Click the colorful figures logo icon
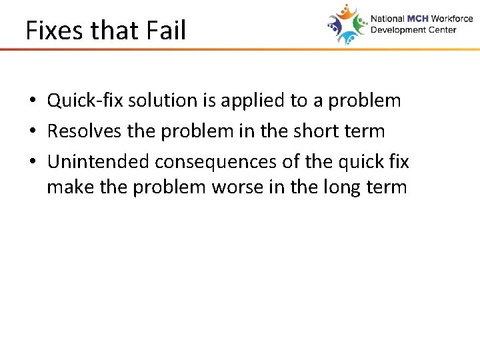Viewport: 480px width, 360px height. point(347,24)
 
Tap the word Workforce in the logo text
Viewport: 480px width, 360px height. point(452,19)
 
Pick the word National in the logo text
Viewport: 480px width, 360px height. point(387,19)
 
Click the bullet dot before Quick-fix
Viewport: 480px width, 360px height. point(31,101)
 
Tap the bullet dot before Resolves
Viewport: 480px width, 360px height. point(31,132)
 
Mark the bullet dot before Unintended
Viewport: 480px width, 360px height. point(31,163)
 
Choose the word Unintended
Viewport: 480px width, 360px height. point(99,162)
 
